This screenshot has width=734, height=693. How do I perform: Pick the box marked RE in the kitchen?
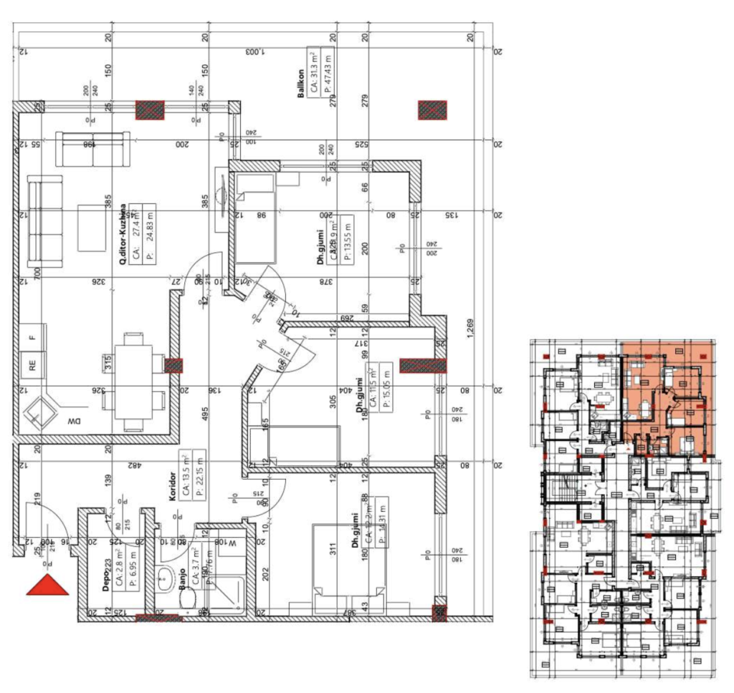(32, 364)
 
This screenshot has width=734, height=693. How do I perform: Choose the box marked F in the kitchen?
(32, 335)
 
